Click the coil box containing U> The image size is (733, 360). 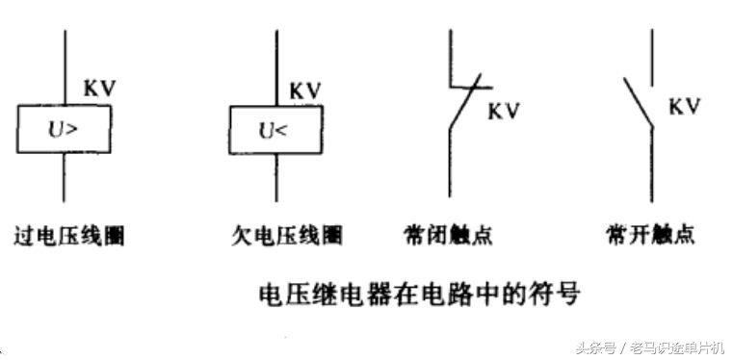[64, 128]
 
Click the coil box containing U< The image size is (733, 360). [274, 128]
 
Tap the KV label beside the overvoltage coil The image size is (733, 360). [100, 88]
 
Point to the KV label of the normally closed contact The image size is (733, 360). [504, 111]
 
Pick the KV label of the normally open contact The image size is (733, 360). [684, 106]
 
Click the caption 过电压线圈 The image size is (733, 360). [69, 235]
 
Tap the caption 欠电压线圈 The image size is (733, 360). [287, 235]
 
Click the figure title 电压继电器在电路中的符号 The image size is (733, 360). [421, 292]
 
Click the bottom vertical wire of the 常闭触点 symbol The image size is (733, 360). [450, 164]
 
